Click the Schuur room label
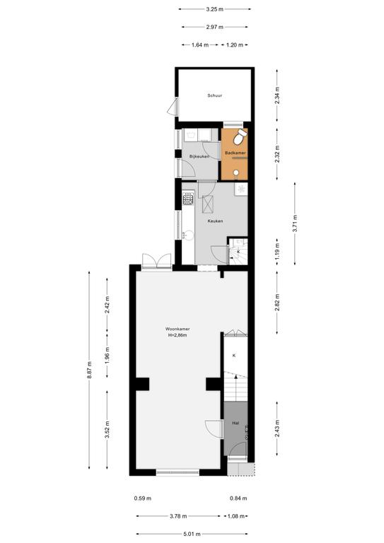pos(215,95)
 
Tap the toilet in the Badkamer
pos(240,137)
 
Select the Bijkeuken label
pos(199,156)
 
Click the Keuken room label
pos(215,221)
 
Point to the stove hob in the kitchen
pos(188,199)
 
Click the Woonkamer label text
pos(178,329)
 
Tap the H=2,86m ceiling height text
pos(178,335)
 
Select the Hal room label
pos(235,423)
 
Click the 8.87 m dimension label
pos(90,370)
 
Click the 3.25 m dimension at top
pos(215,9)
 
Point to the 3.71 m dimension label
pos(295,223)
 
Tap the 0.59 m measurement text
pos(143,498)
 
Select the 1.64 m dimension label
pos(200,45)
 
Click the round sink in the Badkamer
pos(236,173)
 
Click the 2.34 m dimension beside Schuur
pos(277,95)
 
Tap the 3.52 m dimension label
pos(107,430)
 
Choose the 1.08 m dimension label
pos(235,516)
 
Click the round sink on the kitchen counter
pos(189,235)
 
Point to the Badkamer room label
pos(235,153)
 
